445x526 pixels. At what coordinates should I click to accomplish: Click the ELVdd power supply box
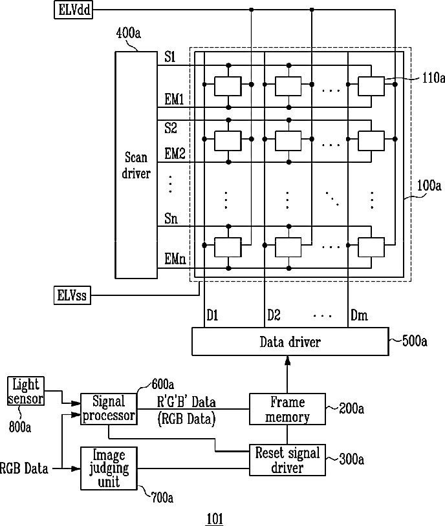(73, 10)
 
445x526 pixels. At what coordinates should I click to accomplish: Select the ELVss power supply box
(72, 295)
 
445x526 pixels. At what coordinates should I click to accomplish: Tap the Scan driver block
(136, 165)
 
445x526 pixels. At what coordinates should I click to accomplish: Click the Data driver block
(290, 341)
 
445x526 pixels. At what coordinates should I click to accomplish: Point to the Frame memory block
(287, 409)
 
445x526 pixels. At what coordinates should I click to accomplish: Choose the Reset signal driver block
(287, 460)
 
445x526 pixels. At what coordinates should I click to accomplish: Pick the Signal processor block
(109, 409)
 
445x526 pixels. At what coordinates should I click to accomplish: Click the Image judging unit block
(109, 468)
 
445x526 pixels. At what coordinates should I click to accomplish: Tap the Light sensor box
(26, 391)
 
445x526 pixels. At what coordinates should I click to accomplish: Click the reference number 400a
(128, 33)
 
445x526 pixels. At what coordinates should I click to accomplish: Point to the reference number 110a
(433, 78)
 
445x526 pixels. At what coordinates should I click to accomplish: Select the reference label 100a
(429, 185)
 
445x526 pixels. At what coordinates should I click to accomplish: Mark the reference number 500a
(415, 341)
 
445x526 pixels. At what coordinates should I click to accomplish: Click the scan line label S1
(169, 57)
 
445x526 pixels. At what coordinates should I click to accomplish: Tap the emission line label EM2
(175, 154)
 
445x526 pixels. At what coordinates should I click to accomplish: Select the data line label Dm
(359, 315)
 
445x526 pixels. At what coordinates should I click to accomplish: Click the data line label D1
(212, 315)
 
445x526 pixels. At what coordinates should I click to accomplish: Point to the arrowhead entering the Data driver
(287, 361)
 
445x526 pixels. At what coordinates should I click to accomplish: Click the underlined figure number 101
(215, 519)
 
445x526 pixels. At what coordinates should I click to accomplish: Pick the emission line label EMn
(175, 258)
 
